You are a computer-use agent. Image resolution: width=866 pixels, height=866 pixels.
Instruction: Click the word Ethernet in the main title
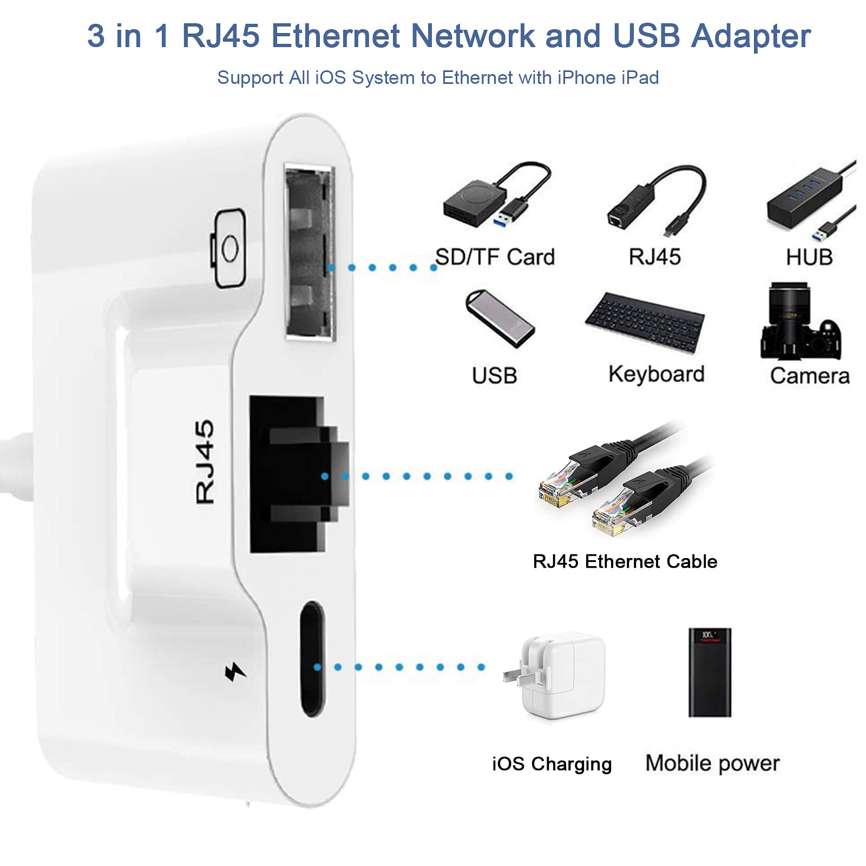point(336,36)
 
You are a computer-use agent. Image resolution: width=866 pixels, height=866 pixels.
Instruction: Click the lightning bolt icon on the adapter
point(235,672)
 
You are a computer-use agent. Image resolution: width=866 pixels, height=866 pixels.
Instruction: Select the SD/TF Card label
point(495,257)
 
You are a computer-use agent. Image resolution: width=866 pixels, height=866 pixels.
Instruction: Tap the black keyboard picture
point(645,323)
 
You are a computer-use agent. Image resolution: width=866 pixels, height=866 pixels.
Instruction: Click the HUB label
point(809,257)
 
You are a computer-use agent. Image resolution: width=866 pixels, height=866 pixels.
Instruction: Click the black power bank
point(709,672)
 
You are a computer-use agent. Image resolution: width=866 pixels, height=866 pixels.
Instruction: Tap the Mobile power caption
point(712,763)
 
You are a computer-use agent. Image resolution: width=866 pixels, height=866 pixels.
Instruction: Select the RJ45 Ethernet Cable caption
point(625,561)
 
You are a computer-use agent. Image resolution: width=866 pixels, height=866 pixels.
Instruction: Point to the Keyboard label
point(656,375)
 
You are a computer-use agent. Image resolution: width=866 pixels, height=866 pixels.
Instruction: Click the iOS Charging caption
point(552,764)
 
